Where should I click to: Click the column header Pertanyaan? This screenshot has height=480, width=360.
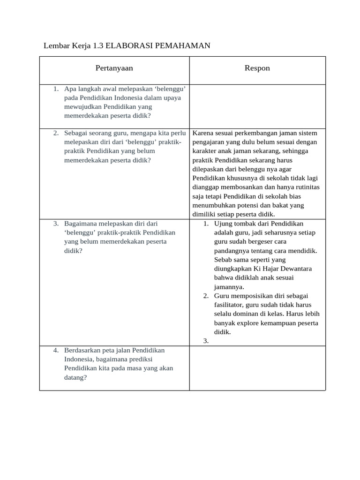pos(114,68)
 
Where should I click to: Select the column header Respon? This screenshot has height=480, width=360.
pos(257,68)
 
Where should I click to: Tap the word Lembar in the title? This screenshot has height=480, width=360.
pos(54,46)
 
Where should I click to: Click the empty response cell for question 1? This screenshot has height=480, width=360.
pos(257,106)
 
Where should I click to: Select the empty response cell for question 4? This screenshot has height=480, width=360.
pos(257,368)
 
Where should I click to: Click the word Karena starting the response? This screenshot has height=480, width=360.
pos(202,133)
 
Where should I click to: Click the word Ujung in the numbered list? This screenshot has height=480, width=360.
pos(223,224)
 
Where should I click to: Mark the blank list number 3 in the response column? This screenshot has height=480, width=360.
pos(206,341)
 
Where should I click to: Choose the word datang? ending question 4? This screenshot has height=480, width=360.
pos(75,377)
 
